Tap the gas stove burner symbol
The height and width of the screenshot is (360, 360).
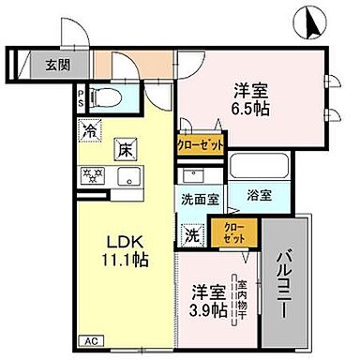point(94,175)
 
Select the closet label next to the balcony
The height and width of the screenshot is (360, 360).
point(230,231)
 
